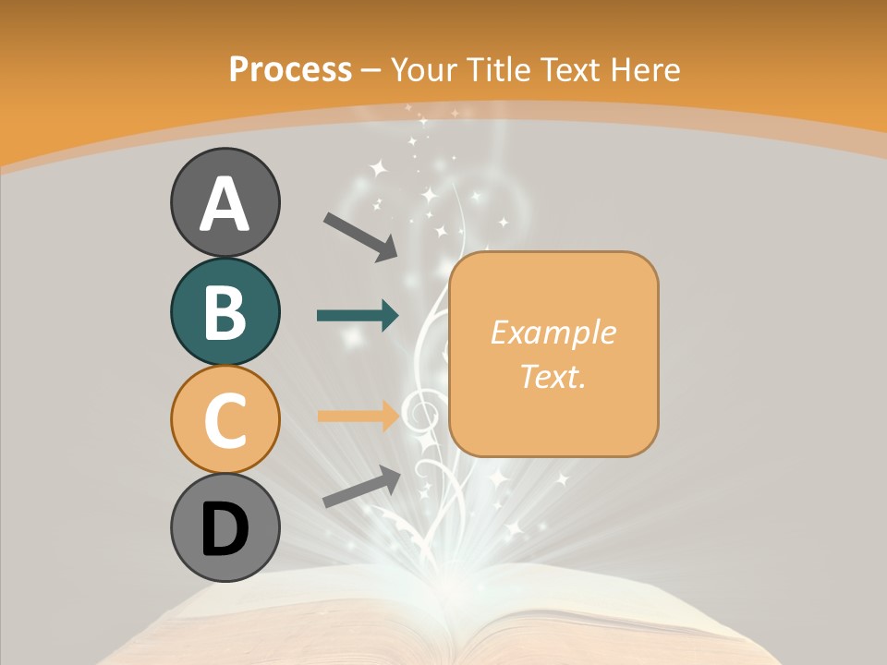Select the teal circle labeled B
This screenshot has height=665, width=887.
[x=225, y=311]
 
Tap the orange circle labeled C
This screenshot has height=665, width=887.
[x=225, y=419]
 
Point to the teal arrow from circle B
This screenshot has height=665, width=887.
[x=358, y=316]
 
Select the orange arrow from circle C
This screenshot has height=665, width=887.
[x=358, y=416]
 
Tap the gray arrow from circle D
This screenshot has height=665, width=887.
[x=361, y=487]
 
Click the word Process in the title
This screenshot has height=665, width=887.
[x=290, y=69]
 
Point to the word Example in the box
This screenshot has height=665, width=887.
[x=553, y=332]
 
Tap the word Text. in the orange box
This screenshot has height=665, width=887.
[x=553, y=376]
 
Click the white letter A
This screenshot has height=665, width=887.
[x=225, y=203]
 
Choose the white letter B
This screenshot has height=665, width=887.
[x=225, y=311]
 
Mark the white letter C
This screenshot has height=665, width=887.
[x=225, y=419]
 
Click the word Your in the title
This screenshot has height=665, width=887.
[x=427, y=69]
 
